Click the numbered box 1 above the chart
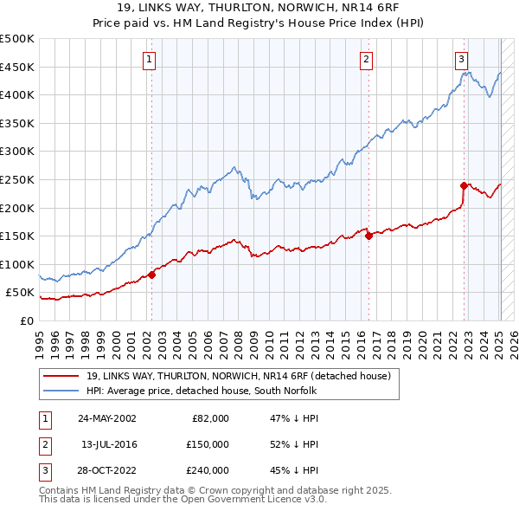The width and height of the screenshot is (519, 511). (x=150, y=60)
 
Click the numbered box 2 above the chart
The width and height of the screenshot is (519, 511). (x=367, y=60)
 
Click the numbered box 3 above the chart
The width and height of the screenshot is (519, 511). (x=462, y=60)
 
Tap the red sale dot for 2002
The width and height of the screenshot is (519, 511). (x=151, y=275)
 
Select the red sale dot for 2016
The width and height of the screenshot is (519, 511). (x=368, y=236)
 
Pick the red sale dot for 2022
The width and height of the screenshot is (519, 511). (x=464, y=184)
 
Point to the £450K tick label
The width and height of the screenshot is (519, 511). (x=17, y=67)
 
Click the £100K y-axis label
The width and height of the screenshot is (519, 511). (x=17, y=264)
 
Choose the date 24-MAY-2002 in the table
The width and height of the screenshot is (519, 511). (x=106, y=418)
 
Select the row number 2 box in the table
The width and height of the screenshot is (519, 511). (x=44, y=444)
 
